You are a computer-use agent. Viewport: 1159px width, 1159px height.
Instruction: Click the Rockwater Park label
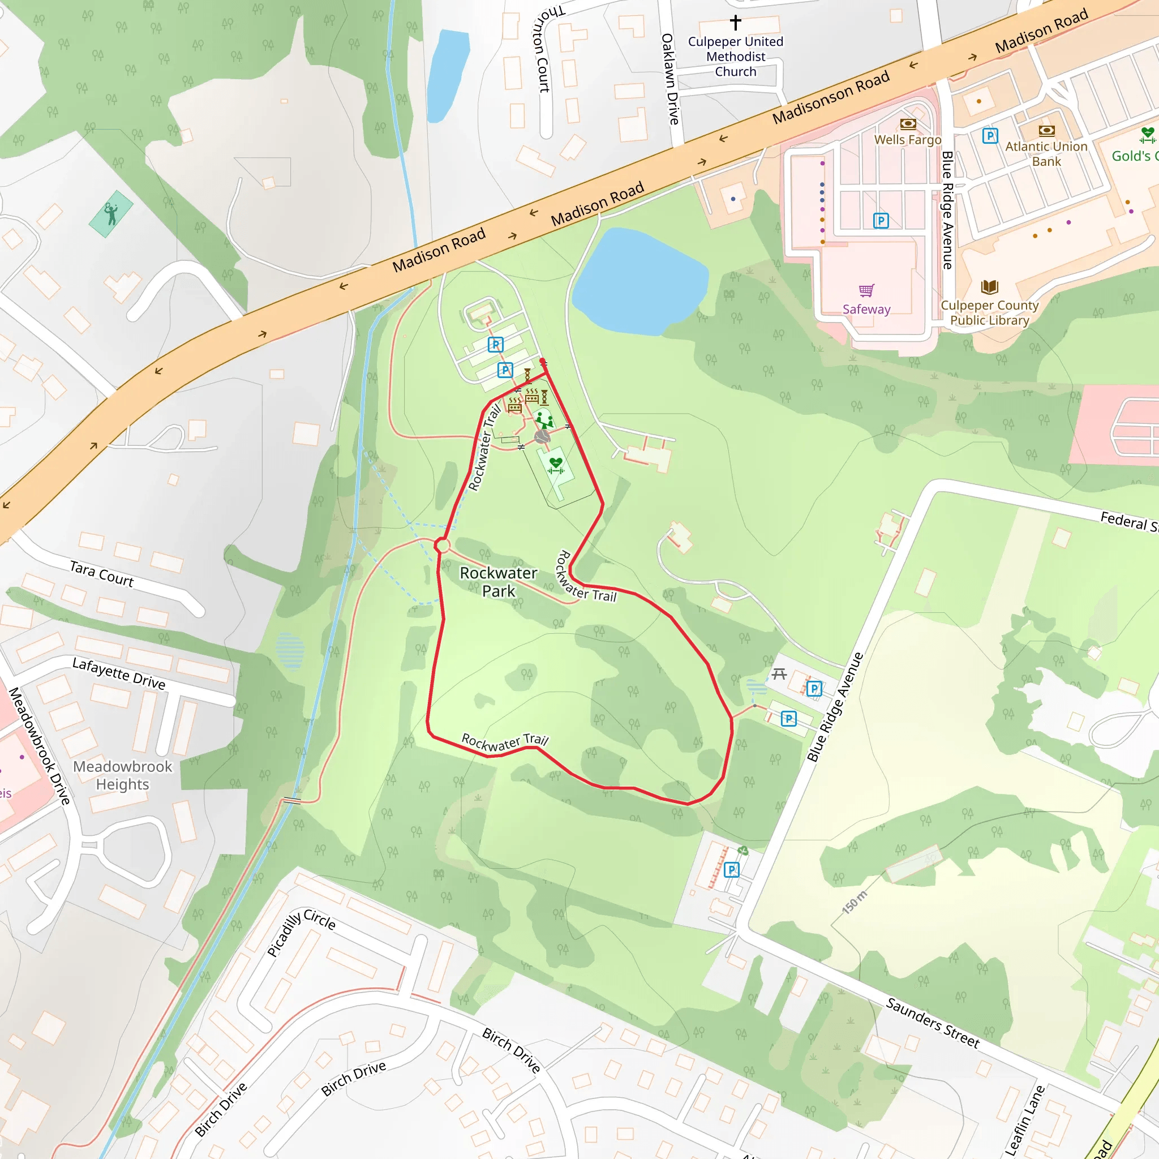498,582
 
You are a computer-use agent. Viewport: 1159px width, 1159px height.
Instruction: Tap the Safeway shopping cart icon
866,291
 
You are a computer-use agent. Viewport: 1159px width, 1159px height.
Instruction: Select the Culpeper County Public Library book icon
989,287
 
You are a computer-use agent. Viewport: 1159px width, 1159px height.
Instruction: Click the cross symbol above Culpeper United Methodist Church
736,22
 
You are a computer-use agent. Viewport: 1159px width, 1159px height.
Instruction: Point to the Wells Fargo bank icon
908,124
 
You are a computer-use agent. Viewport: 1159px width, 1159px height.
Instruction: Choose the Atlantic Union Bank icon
1046,130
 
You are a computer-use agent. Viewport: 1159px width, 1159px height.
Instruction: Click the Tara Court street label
101,573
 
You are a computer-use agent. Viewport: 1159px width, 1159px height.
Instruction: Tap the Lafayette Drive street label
119,673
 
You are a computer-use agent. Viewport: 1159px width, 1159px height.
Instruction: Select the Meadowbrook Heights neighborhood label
122,775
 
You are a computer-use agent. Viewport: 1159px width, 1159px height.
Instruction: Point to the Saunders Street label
932,1022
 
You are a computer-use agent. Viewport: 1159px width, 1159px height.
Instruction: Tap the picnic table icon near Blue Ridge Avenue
779,674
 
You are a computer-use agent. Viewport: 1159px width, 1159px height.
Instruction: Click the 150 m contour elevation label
854,902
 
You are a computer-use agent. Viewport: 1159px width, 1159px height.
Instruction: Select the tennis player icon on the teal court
111,213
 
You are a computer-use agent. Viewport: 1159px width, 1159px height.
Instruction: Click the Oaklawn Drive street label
670,79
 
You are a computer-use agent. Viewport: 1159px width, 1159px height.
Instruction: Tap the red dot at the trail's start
542,361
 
